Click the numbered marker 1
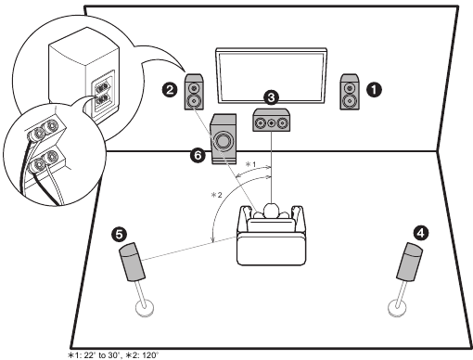coord(374,90)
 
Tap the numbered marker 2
coord(170,90)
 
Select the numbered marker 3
coord(271,97)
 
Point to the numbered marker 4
coord(421,233)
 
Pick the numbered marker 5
coord(119,234)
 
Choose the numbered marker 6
coord(198,155)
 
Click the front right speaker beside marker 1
coord(350,92)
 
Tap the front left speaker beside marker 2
coord(194,92)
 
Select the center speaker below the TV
coord(272,120)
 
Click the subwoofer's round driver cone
coord(223,141)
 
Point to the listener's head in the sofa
coord(271,211)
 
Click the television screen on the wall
coord(271,76)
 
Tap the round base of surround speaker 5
coord(145,308)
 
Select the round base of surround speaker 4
coord(397,308)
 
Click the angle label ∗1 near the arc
coord(250,164)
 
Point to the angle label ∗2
coord(216,195)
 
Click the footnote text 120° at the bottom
coord(148,355)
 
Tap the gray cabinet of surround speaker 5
coord(132,262)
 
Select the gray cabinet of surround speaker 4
coord(410,262)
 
